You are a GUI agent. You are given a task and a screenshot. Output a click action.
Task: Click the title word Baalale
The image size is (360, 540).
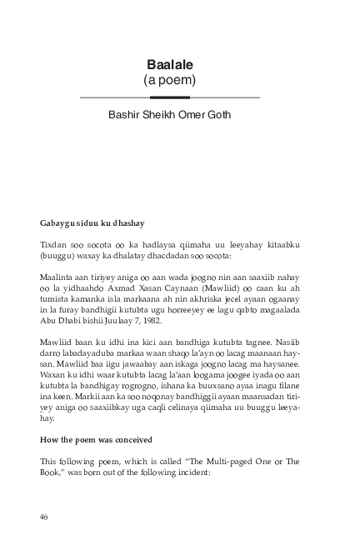[x=169, y=66]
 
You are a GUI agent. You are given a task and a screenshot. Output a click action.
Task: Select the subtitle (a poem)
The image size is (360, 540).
[x=169, y=81]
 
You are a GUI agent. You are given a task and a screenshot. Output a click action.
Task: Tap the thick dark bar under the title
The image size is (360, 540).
[x=169, y=97]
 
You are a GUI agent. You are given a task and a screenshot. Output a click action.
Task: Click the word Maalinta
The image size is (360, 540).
[x=57, y=276]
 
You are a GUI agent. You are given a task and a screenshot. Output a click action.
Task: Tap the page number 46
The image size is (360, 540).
[x=44, y=517]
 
